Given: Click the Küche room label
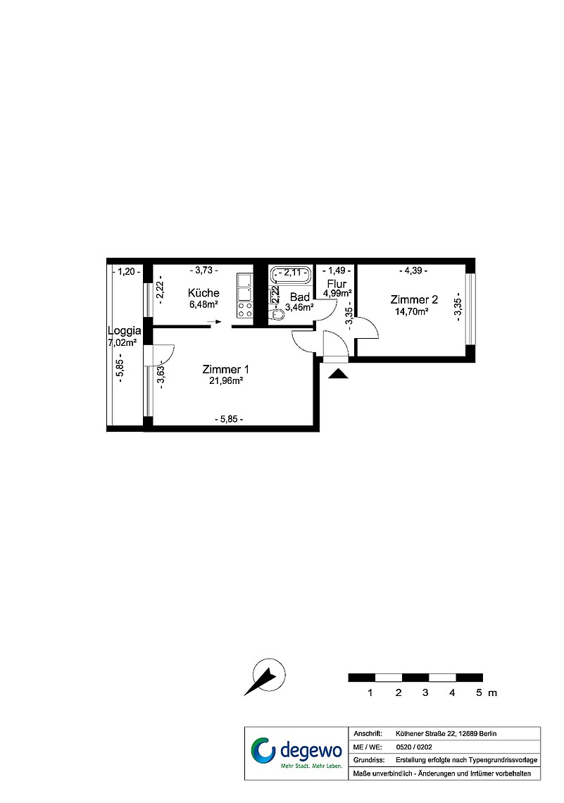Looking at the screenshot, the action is click(x=203, y=293).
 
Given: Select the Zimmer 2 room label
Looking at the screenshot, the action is click(x=414, y=299).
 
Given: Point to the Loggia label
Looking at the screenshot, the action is click(x=125, y=331).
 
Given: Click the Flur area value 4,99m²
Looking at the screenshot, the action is click(x=337, y=294).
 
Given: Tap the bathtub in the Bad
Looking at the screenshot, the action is click(x=291, y=275).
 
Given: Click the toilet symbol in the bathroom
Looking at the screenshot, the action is click(x=278, y=315).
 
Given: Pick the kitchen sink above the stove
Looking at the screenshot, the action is click(x=244, y=287).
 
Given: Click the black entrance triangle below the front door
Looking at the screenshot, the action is click(x=338, y=373).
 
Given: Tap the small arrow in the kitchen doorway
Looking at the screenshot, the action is click(x=215, y=322).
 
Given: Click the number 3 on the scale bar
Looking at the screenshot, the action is click(x=425, y=693).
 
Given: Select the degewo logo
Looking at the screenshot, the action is click(x=296, y=753).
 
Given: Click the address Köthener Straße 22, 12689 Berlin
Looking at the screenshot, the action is click(x=446, y=734).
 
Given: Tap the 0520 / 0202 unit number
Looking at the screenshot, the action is click(x=413, y=747).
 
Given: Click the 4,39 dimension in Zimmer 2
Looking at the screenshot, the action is click(x=413, y=271).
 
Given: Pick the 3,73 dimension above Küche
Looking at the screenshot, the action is click(x=203, y=270).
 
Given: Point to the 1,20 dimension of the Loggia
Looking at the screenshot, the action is click(x=126, y=271).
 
